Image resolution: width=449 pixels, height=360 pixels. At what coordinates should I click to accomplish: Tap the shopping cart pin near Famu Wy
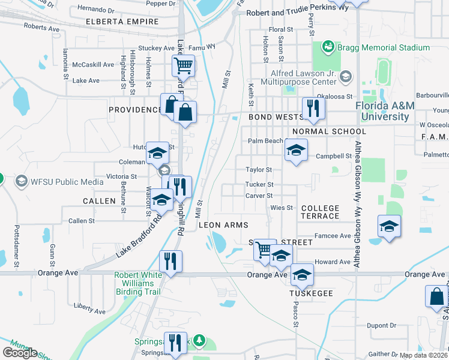click(183, 65)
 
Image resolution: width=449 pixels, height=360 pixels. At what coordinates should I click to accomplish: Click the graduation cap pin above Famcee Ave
click(389, 227)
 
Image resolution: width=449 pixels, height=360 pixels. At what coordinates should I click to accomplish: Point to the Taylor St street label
click(259, 170)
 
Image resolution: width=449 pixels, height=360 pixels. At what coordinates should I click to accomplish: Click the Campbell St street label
click(333, 156)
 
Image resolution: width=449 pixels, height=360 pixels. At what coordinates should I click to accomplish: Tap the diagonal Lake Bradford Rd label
click(139, 235)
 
